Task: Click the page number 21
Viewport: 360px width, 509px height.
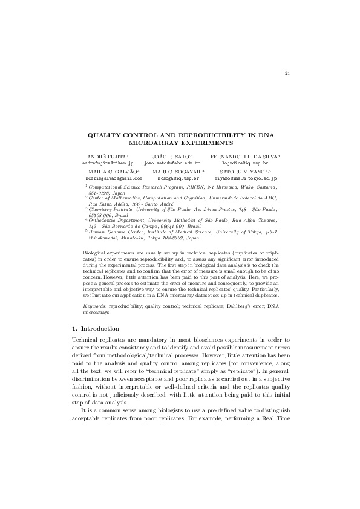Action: click(287, 74)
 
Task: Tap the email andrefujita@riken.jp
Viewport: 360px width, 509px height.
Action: click(107, 163)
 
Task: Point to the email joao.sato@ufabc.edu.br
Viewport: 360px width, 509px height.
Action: click(171, 163)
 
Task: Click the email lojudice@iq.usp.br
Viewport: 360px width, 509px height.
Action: click(245, 163)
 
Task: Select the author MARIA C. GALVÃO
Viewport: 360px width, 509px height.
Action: click(112, 172)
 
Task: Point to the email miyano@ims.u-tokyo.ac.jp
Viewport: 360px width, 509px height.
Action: click(245, 178)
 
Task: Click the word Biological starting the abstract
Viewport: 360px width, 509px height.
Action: click(94, 266)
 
